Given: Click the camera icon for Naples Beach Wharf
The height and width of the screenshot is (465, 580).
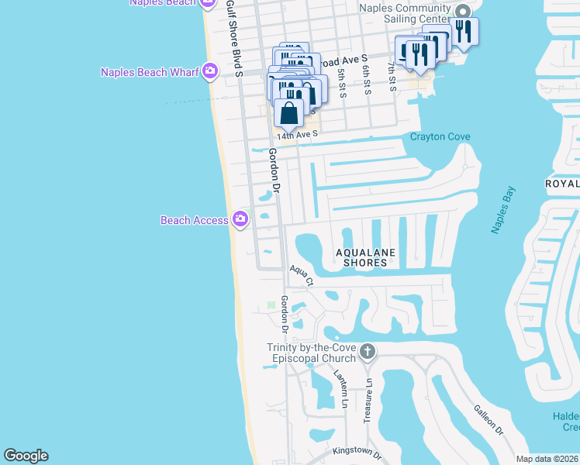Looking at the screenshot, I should click(210, 72).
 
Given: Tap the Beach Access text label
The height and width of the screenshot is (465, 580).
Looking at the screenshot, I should click(194, 220).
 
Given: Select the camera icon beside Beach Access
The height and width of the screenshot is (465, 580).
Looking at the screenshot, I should click(240, 219).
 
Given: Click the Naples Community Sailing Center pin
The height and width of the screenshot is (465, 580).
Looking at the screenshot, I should click(463, 12).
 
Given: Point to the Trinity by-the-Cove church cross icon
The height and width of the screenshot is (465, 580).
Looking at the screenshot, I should click(368, 353).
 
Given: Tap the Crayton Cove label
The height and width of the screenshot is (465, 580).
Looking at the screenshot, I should click(440, 137).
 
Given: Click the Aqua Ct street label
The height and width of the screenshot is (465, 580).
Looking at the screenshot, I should click(301, 275).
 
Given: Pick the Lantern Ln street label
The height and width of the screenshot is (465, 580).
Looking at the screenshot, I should click(340, 388).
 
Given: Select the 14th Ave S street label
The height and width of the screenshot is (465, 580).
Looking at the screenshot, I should click(299, 133).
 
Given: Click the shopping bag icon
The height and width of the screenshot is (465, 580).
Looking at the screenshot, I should click(288, 112).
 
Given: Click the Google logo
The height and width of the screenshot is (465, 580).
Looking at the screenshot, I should click(26, 456).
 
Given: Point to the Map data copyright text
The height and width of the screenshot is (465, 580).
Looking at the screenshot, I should click(547, 459).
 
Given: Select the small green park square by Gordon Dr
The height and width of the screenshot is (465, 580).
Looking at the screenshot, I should click(271, 305).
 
